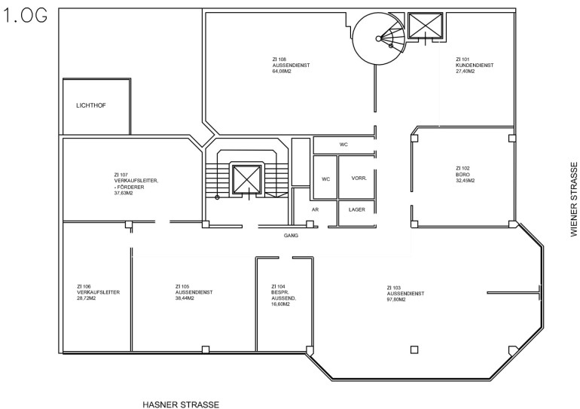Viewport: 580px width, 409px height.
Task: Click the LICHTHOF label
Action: [91, 105]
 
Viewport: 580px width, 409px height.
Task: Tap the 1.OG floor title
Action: [25, 16]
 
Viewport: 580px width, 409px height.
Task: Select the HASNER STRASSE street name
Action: [181, 404]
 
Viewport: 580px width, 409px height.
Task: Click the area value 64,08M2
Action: [282, 72]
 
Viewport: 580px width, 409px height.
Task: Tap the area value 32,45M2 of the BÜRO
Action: [465, 181]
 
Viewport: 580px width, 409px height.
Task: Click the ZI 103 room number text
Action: [393, 288]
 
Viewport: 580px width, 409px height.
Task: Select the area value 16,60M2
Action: [280, 304]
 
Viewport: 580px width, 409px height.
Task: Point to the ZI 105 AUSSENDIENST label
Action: [194, 289]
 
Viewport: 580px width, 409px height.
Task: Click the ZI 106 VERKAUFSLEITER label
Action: [99, 289]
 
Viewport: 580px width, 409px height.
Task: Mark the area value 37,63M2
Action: [124, 193]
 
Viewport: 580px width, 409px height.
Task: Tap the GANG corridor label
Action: [291, 235]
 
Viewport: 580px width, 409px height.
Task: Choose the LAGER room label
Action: [356, 209]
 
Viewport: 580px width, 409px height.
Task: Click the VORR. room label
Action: [359, 179]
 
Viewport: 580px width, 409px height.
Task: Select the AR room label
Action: [315, 209]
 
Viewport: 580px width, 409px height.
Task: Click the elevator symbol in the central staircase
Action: [247, 179]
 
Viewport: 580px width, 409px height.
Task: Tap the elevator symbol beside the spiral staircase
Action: [426, 25]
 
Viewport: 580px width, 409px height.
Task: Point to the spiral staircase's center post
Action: [378, 38]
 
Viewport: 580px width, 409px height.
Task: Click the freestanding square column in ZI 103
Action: [414, 349]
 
